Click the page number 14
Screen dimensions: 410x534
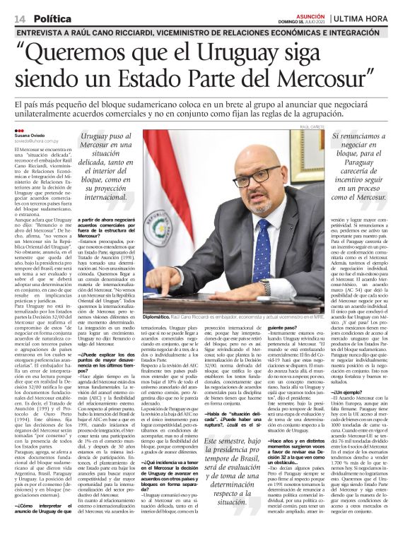20,17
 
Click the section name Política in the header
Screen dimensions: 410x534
54,17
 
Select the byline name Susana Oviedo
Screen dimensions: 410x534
33,136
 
